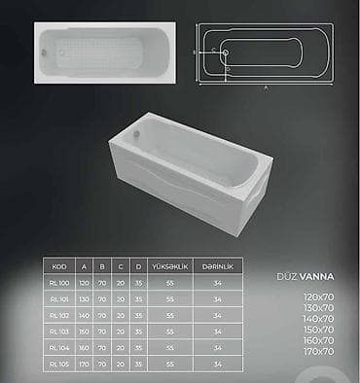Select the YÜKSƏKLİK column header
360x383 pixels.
170,265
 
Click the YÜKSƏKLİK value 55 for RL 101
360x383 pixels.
170,299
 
